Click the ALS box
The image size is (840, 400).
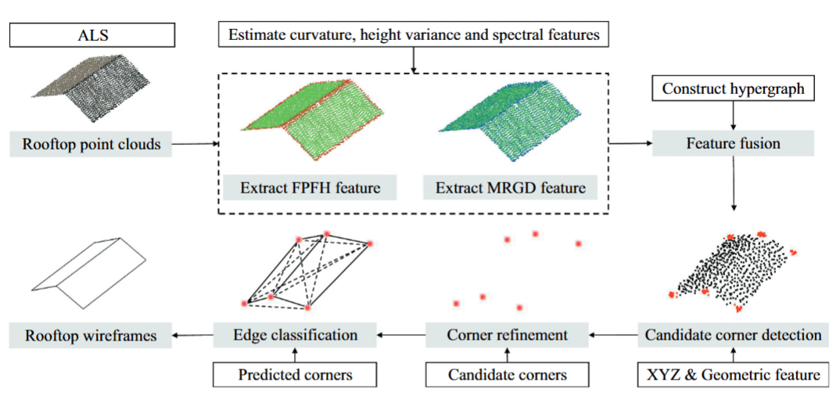(x=92, y=35)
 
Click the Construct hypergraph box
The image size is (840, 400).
(x=732, y=88)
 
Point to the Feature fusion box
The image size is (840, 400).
(x=733, y=143)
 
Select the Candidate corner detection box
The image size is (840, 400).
(x=733, y=335)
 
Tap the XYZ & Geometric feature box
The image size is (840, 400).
(x=733, y=375)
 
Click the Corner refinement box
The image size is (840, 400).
(x=507, y=335)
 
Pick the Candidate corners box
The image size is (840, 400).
(x=507, y=375)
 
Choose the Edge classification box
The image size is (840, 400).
(x=295, y=335)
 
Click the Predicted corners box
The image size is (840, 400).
(x=295, y=375)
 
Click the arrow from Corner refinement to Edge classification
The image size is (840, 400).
(x=400, y=336)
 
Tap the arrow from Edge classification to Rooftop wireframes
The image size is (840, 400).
(x=192, y=336)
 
